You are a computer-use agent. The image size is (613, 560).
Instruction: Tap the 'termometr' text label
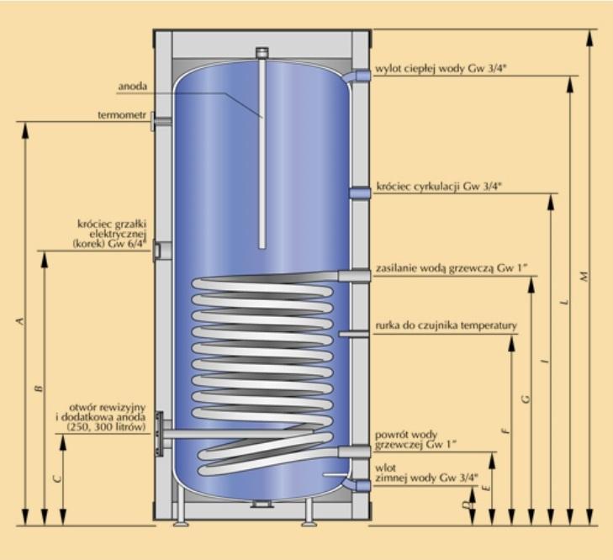122,114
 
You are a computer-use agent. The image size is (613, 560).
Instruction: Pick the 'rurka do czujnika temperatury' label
446,325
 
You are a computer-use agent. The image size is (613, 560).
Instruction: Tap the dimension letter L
564,300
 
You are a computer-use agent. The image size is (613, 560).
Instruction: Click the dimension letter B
38,388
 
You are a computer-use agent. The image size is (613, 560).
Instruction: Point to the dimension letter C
56,478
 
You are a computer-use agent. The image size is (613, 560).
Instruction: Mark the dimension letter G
526,399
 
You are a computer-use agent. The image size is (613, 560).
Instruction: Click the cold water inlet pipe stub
362,485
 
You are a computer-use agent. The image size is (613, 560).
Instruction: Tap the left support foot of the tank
179,515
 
